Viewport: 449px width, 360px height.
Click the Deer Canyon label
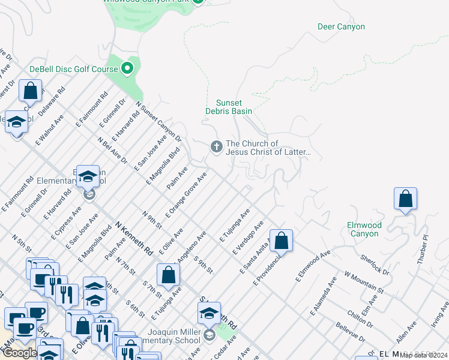(340, 27)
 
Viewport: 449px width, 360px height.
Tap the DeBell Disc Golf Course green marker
(127, 69)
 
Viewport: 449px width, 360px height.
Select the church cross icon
(215, 146)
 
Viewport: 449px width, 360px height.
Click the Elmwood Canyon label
(364, 229)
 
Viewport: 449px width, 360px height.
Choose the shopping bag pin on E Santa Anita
(281, 241)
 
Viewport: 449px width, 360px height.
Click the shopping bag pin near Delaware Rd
(30, 91)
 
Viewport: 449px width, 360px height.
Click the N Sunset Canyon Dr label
(158, 122)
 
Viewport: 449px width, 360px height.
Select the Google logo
(20, 353)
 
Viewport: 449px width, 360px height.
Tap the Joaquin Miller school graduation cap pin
(209, 313)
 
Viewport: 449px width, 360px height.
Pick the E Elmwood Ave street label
(313, 266)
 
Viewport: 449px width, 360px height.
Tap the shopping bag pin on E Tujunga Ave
(169, 275)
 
